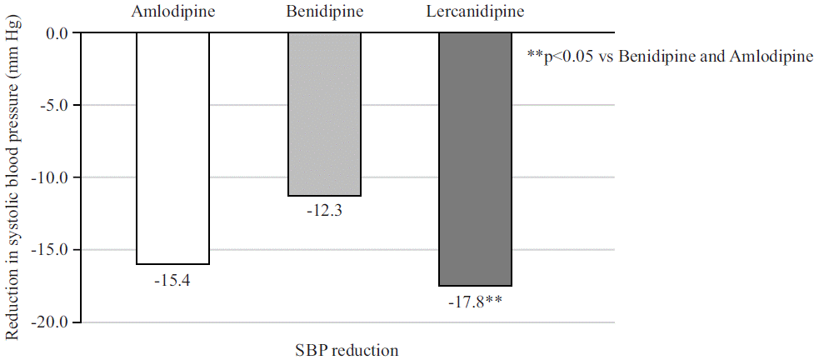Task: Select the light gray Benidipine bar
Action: (x=324, y=114)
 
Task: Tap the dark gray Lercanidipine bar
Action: (x=475, y=158)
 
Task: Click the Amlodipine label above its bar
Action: (x=172, y=12)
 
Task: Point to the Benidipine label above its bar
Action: (x=323, y=12)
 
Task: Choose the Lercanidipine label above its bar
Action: (x=474, y=12)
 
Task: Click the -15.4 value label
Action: (x=172, y=281)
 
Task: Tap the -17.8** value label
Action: (x=475, y=302)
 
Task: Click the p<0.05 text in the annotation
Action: (x=567, y=57)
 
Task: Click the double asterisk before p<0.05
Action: (x=535, y=55)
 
